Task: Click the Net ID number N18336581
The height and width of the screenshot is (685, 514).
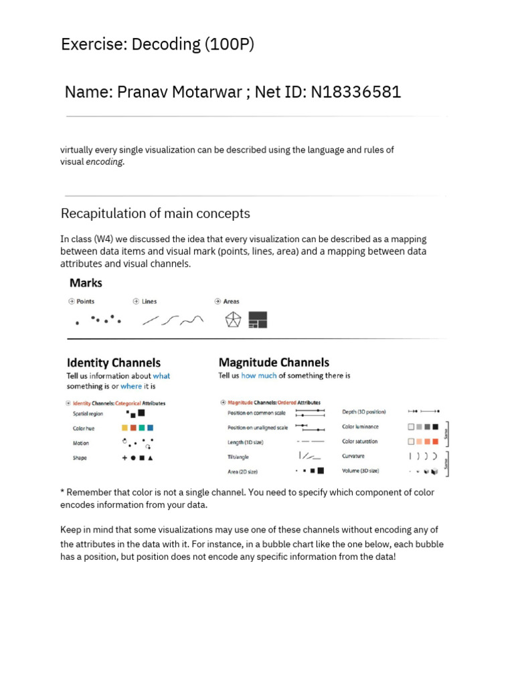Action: pos(354,92)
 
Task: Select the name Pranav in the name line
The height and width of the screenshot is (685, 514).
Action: pos(141,92)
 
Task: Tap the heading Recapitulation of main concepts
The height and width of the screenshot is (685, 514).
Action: pos(155,213)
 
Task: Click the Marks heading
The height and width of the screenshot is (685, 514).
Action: pos(86,283)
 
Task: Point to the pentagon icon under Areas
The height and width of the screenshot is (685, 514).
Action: pos(232,320)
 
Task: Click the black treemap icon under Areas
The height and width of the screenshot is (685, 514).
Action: pos(258,320)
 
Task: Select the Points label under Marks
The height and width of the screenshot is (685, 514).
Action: pos(85,302)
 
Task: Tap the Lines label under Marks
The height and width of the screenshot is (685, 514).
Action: pos(149,302)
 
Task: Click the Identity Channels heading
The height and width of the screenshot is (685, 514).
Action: pos(113,363)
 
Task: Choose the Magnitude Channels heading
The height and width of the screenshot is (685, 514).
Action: pos(274,363)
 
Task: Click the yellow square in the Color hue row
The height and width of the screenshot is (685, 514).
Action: pos(124,427)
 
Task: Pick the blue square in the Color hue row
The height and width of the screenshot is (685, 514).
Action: pos(151,427)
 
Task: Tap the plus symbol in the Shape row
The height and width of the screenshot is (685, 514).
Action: pos(124,458)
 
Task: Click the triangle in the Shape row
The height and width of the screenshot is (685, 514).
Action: pos(150,458)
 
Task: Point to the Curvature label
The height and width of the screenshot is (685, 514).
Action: pos(353,456)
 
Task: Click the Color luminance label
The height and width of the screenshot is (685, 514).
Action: pos(360,427)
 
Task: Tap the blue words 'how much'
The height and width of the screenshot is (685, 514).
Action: pos(258,376)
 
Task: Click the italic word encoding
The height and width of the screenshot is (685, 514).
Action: pos(104,162)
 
